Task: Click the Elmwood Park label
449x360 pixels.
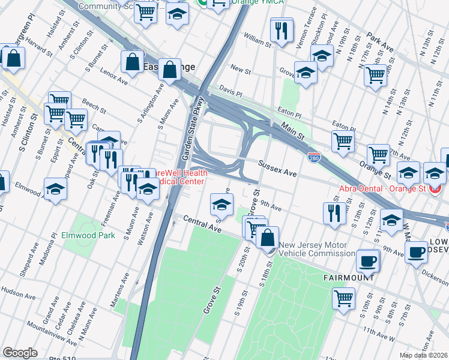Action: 88,236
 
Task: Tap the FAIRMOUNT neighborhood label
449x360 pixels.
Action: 349,278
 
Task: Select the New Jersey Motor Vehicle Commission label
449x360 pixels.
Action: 317,249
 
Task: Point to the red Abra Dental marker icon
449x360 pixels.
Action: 436,187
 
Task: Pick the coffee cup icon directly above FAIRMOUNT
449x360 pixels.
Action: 368,260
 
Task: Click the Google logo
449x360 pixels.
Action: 20,352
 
